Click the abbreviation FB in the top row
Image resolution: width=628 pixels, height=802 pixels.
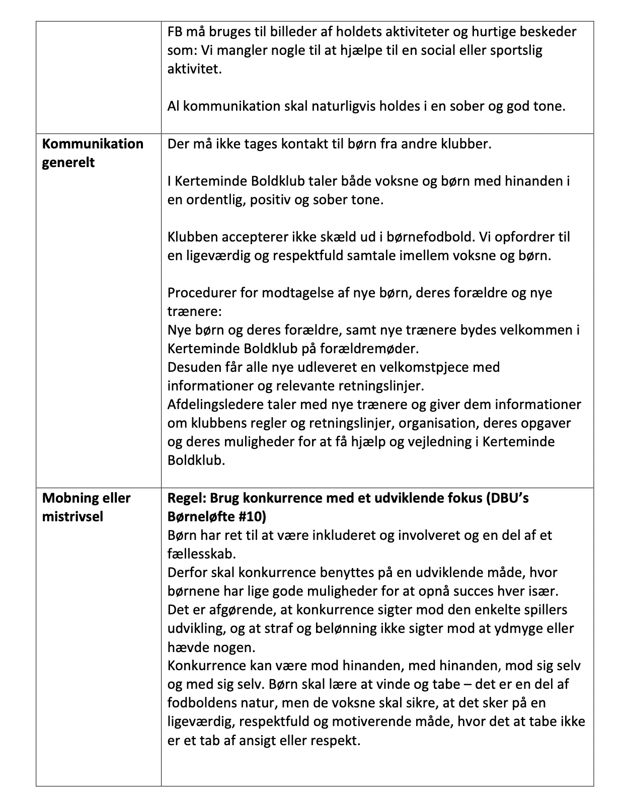[x=175, y=32]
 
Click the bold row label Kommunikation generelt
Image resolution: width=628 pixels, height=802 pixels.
[x=93, y=153]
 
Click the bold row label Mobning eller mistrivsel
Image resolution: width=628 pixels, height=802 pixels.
[x=86, y=507]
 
